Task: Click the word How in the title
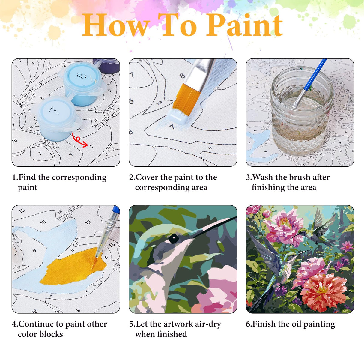[115, 26]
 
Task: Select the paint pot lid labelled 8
[80, 76]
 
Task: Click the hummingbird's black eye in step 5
[173, 239]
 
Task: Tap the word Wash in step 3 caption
[263, 177]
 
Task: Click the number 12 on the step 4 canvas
[88, 222]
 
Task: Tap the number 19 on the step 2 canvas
[159, 103]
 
